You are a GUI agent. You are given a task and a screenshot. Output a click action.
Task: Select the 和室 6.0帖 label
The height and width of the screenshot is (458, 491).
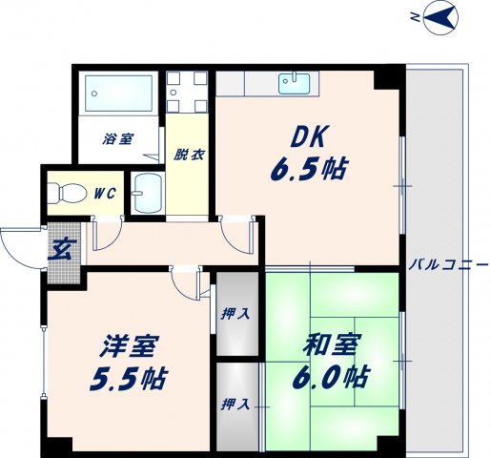click(x=330, y=362)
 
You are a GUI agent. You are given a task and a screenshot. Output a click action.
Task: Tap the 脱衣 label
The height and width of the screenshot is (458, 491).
click(x=186, y=153)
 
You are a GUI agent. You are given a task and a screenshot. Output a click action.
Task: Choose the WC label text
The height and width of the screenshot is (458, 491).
click(x=104, y=193)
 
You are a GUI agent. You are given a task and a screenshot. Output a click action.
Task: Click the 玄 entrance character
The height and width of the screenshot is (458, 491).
click(x=59, y=252)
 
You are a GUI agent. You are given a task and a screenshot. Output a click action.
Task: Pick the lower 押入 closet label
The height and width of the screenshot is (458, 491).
click(x=236, y=404)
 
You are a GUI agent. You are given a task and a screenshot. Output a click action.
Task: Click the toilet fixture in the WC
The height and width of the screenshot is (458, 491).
click(x=68, y=194)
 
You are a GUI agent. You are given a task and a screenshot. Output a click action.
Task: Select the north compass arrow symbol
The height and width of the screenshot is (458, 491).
click(x=441, y=16)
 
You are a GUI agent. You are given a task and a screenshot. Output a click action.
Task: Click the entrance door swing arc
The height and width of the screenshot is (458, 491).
click(x=19, y=248)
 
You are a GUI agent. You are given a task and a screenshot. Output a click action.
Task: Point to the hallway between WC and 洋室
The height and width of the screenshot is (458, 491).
click(x=172, y=244)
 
